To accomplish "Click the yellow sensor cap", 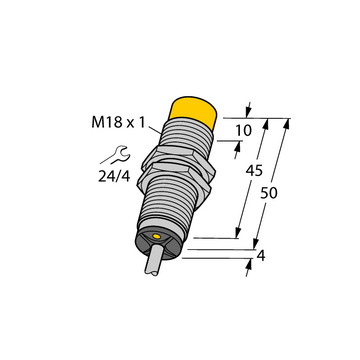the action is coord(193,112).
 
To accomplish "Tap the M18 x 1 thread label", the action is coord(118,123).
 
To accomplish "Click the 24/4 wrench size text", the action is coord(114,177).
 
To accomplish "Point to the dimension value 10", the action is coord(243,131).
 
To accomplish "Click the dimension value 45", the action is coord(254,171).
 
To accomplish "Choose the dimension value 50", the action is coord(269,193).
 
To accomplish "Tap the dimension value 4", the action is coord(261,256).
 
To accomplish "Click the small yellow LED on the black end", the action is coord(156,236).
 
